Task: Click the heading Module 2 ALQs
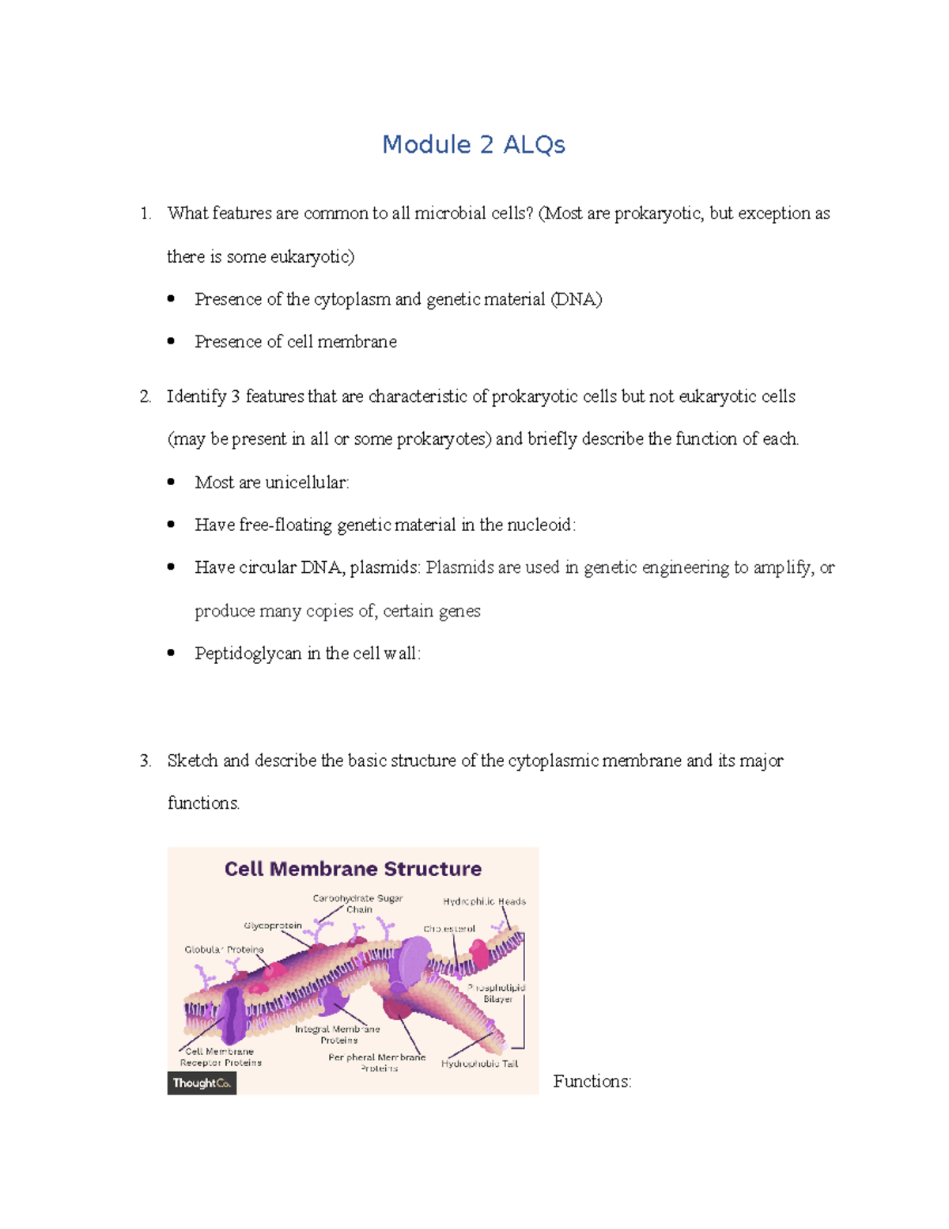(x=473, y=145)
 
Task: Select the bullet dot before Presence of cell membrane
(x=171, y=342)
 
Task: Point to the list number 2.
(x=145, y=396)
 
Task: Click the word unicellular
(x=306, y=483)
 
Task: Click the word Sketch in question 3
(x=192, y=761)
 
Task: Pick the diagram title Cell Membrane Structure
(x=353, y=869)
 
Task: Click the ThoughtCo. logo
(x=202, y=1083)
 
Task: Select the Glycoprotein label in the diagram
(x=273, y=926)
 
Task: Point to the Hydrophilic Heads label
(x=484, y=901)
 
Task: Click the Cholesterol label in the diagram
(x=449, y=929)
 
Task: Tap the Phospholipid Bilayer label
(x=497, y=993)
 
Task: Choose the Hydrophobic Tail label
(x=479, y=1064)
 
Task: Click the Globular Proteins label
(x=224, y=950)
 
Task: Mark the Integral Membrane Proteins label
(x=338, y=1034)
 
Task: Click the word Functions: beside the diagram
(x=592, y=1082)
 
